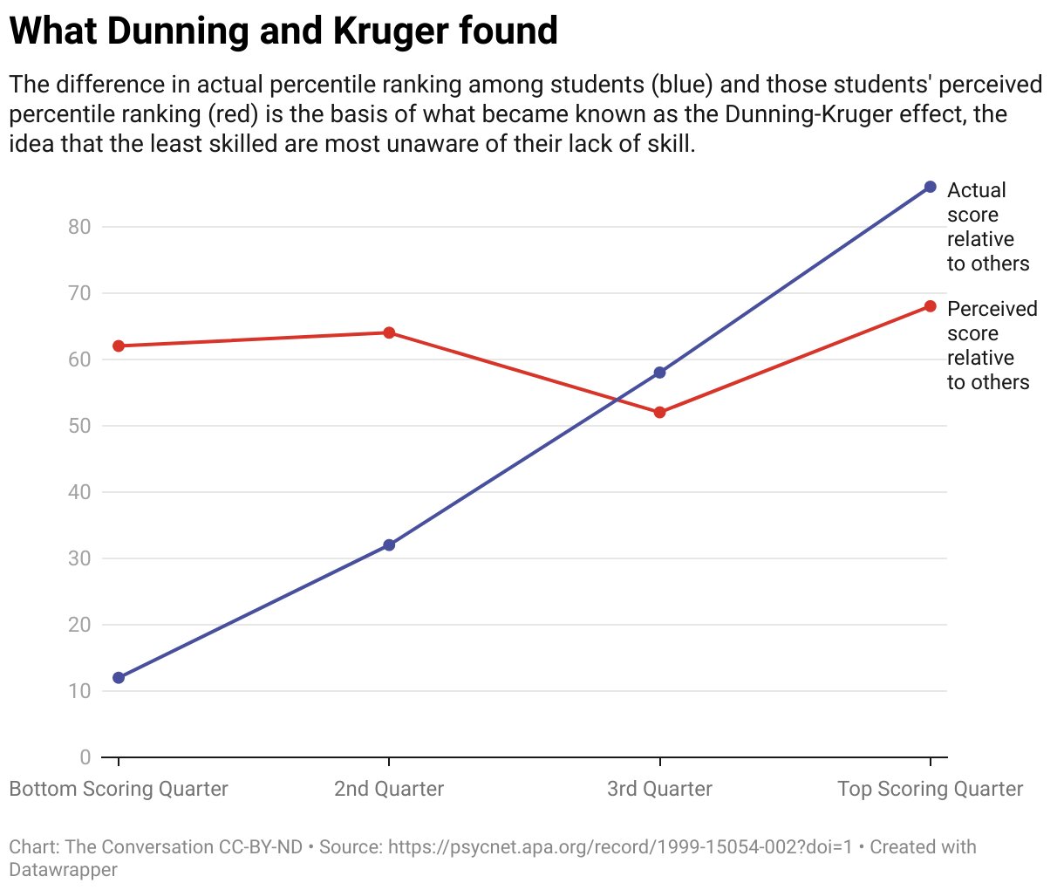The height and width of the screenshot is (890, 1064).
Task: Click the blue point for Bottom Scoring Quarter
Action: [x=119, y=677]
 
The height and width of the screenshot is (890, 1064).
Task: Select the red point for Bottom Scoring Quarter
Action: [x=119, y=346]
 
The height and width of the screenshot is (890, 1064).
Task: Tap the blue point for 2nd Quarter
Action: [x=389, y=544]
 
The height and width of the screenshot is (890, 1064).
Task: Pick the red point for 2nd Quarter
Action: [x=389, y=332]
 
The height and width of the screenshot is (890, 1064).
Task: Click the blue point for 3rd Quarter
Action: [x=659, y=373]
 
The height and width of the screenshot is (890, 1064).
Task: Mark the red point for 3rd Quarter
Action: [x=659, y=412]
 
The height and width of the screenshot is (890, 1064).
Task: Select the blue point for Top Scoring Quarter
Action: [x=930, y=187]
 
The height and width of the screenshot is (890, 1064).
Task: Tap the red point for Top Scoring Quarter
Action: [x=930, y=306]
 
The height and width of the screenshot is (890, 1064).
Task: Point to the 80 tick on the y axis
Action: [x=79, y=227]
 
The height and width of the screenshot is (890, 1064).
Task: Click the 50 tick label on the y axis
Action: [x=79, y=426]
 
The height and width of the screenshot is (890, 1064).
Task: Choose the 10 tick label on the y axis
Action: [x=79, y=691]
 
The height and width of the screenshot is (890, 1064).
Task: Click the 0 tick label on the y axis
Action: [x=85, y=757]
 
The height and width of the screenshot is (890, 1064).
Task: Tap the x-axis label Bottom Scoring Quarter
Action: [x=119, y=789]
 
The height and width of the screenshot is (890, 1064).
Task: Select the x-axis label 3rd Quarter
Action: [x=659, y=789]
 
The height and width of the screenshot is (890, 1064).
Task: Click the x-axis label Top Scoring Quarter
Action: [x=930, y=789]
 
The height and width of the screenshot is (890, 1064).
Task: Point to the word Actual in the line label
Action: [x=976, y=190]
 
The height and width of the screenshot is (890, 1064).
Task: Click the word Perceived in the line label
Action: [x=992, y=309]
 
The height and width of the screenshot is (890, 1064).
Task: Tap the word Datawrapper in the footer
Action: [x=63, y=869]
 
